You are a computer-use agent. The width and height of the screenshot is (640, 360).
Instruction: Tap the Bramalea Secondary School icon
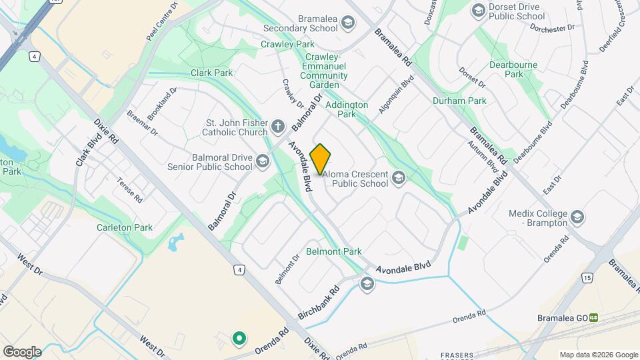[347, 24]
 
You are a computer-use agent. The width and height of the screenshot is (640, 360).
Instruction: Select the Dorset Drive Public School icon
[478, 10]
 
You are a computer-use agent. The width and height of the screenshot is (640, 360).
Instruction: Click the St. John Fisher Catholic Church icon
[279, 125]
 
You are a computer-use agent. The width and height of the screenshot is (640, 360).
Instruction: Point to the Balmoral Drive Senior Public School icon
[263, 161]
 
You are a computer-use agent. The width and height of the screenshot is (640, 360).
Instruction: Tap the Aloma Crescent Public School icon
[399, 177]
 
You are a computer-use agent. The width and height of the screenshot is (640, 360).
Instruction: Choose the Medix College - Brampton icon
[577, 217]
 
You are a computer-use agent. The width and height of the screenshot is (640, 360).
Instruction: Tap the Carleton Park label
[125, 227]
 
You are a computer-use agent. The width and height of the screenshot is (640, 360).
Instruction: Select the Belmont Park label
[333, 251]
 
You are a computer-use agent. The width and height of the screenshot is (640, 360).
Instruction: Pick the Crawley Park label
[287, 44]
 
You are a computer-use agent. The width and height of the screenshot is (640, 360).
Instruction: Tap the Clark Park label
[211, 73]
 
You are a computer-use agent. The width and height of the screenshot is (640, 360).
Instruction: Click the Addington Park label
[347, 109]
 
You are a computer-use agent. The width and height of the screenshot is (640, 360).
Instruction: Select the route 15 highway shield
[586, 277]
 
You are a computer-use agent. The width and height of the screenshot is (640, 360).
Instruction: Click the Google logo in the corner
[21, 351]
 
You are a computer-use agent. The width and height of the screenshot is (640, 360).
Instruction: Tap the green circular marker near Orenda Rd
[239, 339]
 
